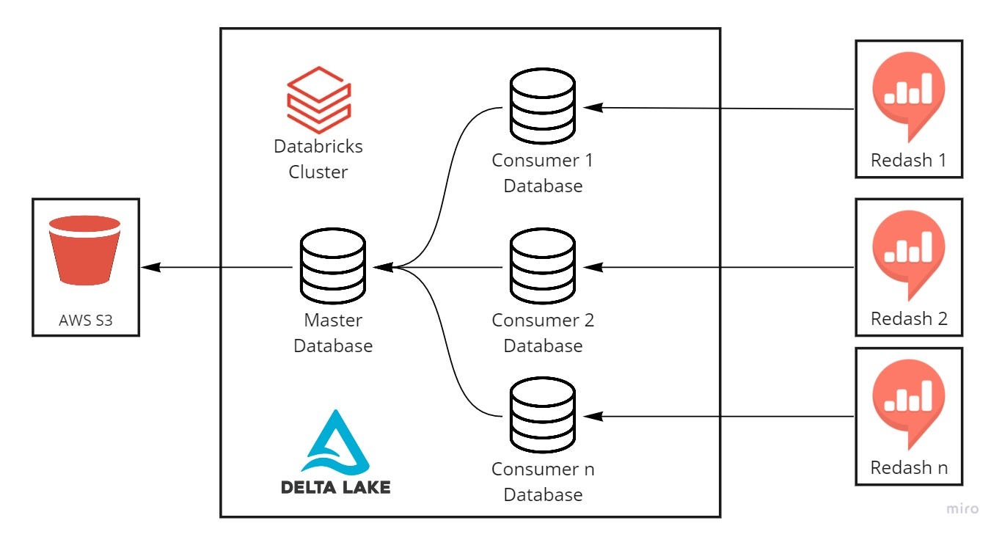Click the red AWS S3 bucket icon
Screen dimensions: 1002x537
point(84,250)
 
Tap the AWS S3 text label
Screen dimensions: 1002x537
point(85,321)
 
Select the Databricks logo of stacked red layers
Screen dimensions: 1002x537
point(318,100)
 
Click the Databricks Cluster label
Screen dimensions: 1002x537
point(318,159)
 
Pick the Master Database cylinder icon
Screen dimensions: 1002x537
point(333,266)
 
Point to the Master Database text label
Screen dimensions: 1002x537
point(333,333)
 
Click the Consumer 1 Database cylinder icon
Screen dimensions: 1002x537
point(543,106)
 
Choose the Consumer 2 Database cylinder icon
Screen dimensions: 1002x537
point(543,266)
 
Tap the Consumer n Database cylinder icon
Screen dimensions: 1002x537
point(543,414)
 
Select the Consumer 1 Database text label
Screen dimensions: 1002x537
point(543,172)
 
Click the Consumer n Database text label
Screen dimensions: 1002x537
point(543,481)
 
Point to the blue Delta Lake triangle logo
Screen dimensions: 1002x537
point(335,442)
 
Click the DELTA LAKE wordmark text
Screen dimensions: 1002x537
point(335,487)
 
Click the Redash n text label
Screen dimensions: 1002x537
point(909,467)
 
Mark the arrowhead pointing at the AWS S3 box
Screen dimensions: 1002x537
point(151,267)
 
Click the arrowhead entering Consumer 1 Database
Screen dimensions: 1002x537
point(593,107)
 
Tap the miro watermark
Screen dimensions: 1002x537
point(962,509)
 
